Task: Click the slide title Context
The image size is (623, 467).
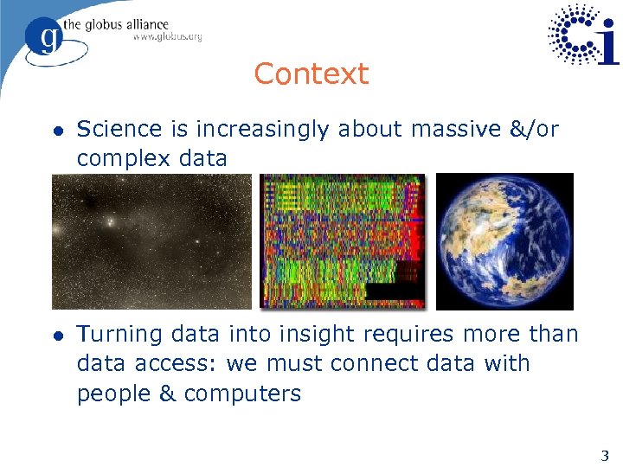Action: click(x=311, y=74)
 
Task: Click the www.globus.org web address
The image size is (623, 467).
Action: click(x=167, y=37)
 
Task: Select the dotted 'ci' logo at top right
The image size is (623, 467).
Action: click(x=583, y=35)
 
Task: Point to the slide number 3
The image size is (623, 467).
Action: click(x=605, y=456)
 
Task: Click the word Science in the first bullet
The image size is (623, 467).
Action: click(x=119, y=130)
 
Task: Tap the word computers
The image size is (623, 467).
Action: click(x=242, y=394)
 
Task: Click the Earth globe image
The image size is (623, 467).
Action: click(x=504, y=241)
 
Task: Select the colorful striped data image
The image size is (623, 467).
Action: click(x=344, y=241)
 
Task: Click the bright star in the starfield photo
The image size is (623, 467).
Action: click(x=110, y=222)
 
